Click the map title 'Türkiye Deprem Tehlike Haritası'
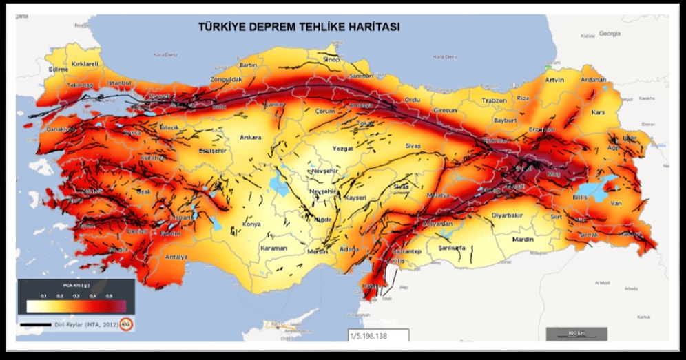coord(299,28)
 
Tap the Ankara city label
coord(250,137)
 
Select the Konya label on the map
coord(252,224)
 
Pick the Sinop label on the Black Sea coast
coord(331,60)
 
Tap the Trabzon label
coord(494,100)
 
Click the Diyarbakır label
coord(507,215)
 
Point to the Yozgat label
coord(342,148)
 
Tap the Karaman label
coord(273,248)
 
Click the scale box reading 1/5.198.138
coord(378,337)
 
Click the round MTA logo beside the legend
coord(126,323)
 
